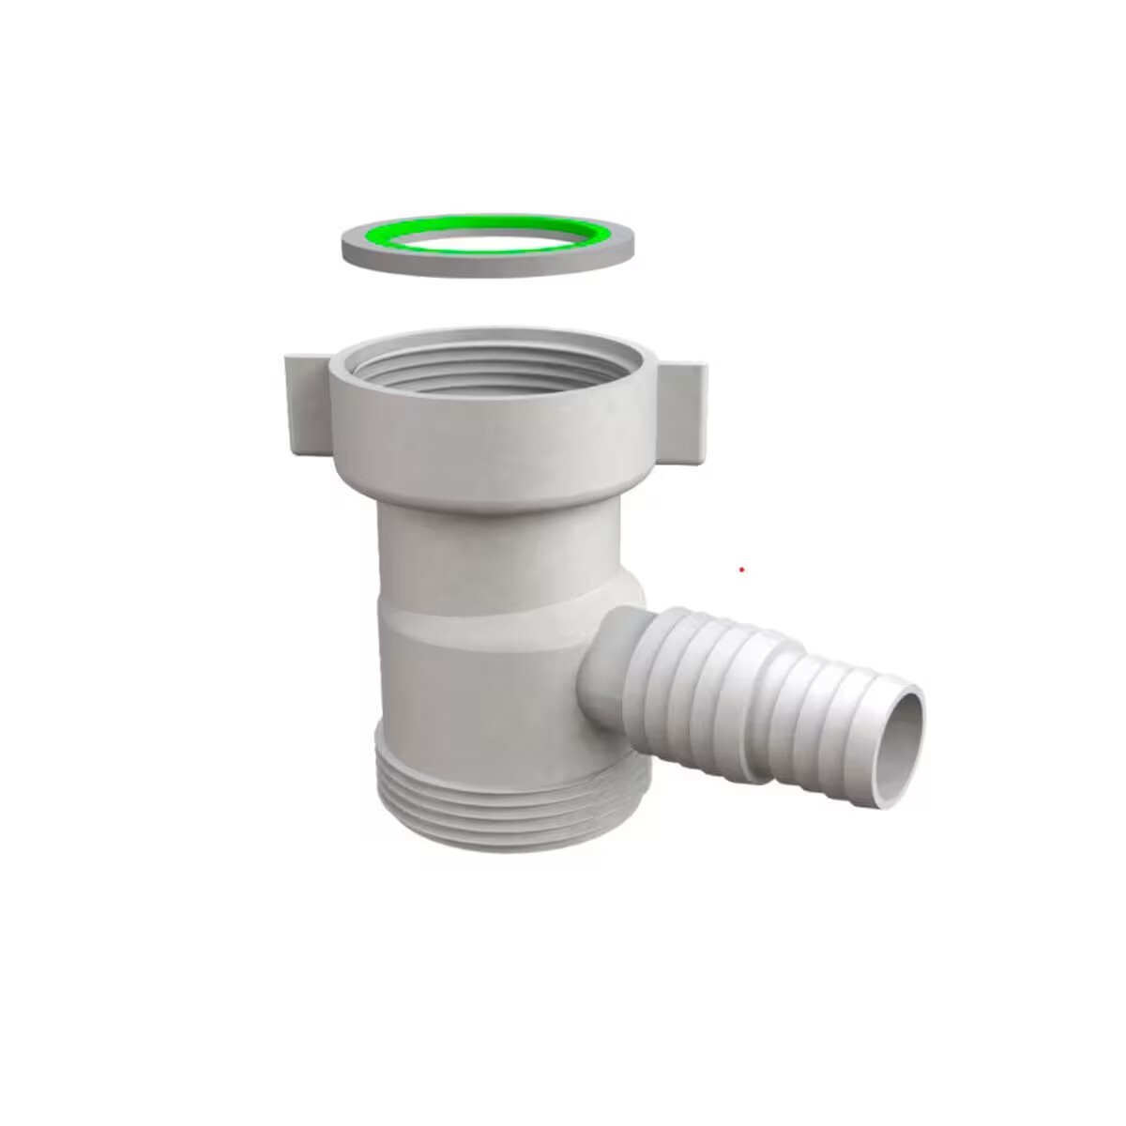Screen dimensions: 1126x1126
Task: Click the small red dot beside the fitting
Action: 741,570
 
